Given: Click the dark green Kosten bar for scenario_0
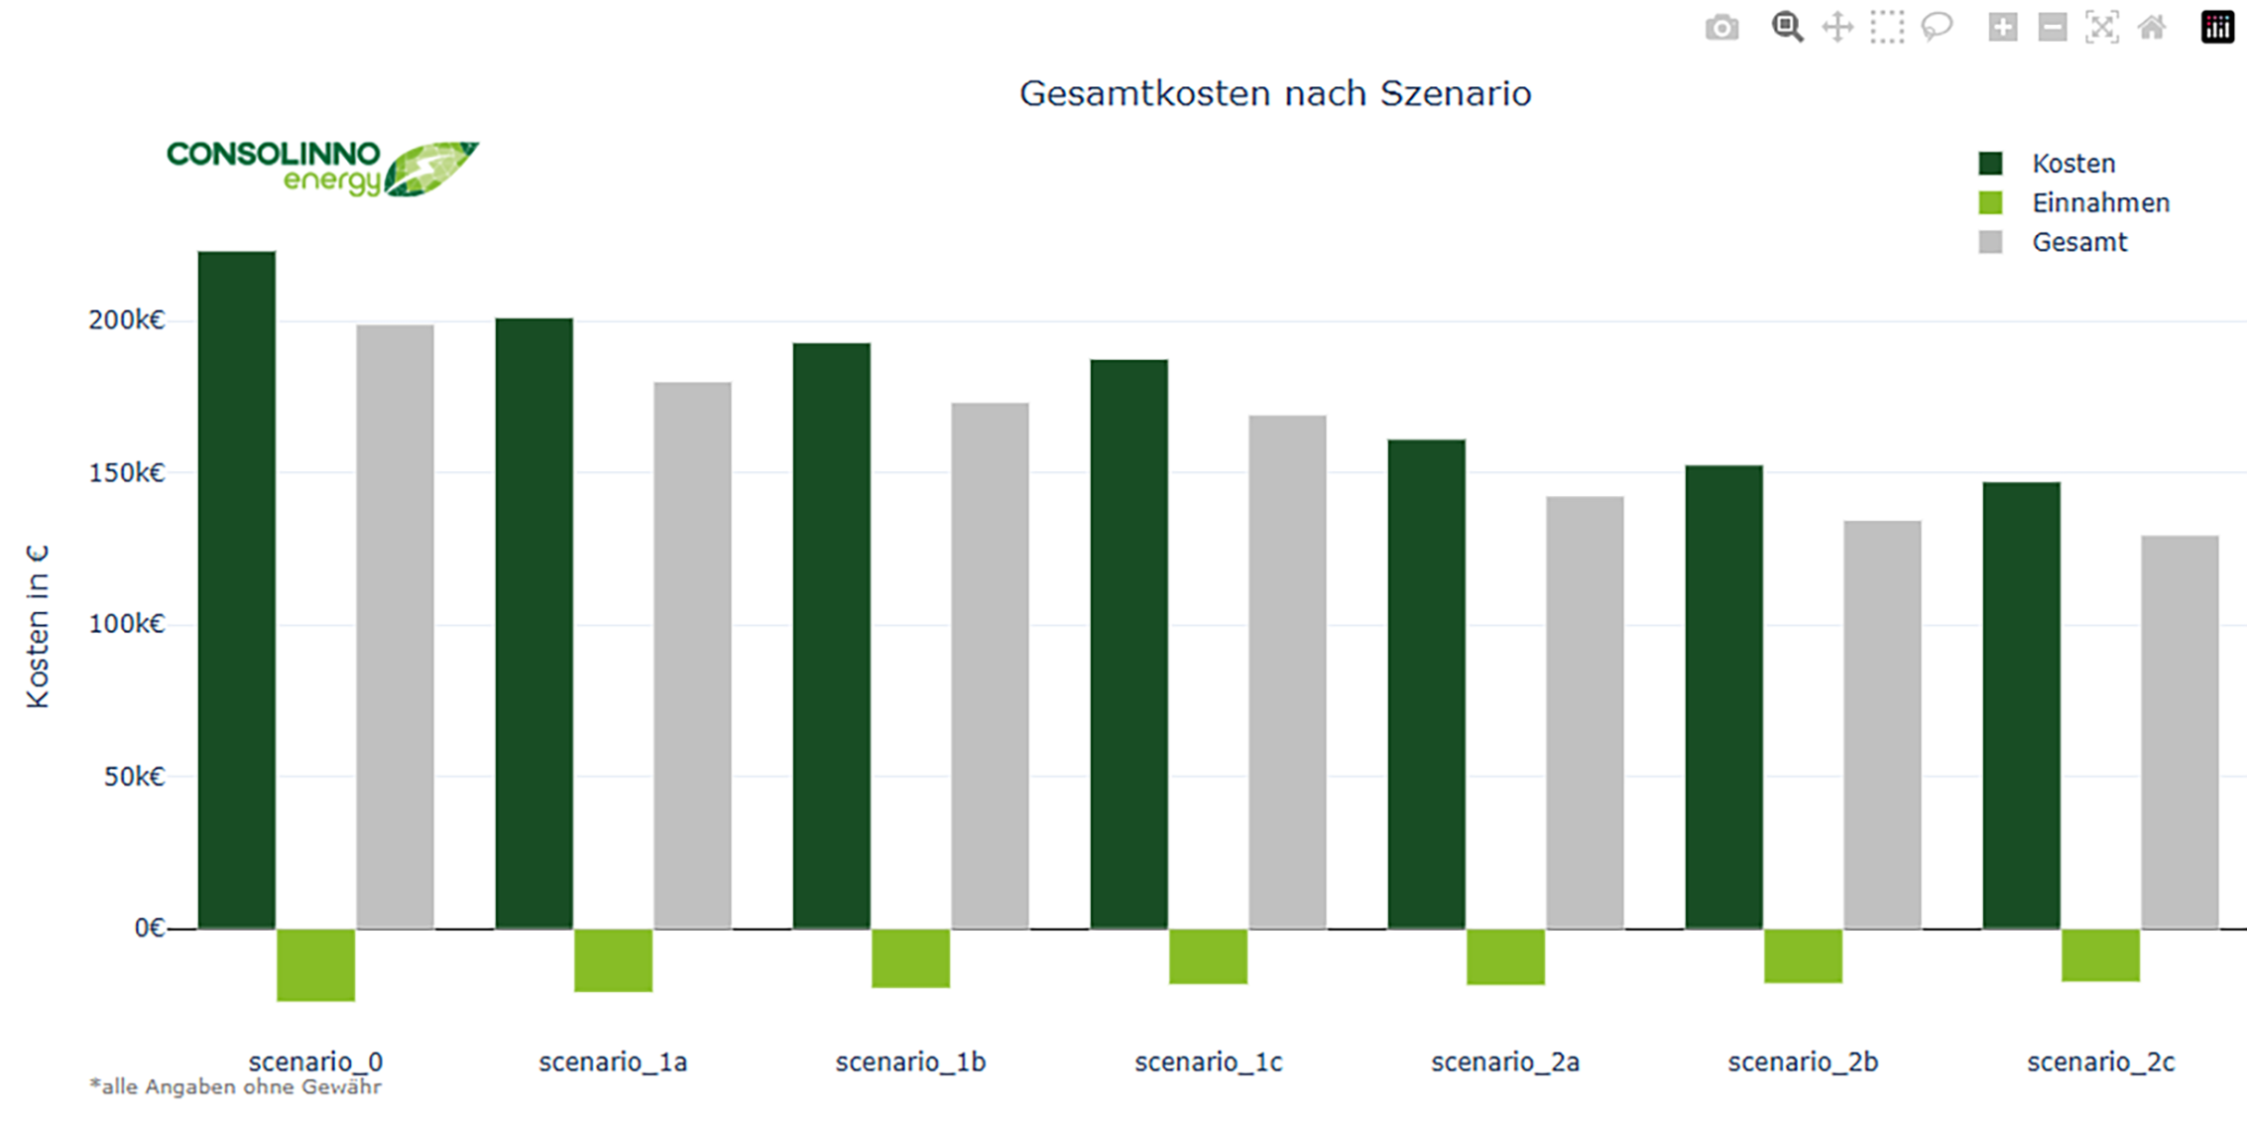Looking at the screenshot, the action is (x=237, y=590).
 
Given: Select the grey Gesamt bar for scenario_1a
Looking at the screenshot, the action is (x=692, y=656).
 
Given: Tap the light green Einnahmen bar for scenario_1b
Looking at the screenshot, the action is (x=910, y=958).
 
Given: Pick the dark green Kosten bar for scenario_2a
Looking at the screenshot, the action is (x=1426, y=685).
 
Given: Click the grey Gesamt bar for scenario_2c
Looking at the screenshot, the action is (x=2180, y=733).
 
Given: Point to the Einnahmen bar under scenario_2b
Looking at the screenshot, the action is (x=1803, y=956).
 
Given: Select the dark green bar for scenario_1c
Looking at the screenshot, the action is (x=1128, y=645).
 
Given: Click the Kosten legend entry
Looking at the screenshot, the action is (x=2047, y=163).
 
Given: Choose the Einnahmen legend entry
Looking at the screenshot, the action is (x=2073, y=202).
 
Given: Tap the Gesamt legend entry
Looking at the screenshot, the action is (x=2053, y=242).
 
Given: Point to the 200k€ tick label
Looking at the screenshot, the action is (x=126, y=319).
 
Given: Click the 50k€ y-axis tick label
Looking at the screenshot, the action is (x=134, y=776).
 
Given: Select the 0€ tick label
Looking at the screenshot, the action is (x=150, y=928).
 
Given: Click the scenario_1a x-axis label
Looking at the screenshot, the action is (x=613, y=1063).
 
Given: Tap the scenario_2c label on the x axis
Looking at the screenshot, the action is (x=2100, y=1063).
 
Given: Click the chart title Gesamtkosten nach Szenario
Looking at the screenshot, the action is (x=1275, y=93).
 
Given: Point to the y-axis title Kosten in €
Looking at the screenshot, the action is (x=38, y=626).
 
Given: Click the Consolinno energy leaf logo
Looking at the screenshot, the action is (x=322, y=169).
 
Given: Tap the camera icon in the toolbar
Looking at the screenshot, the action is (x=1722, y=28).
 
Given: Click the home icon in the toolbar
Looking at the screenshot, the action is (x=2152, y=28).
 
